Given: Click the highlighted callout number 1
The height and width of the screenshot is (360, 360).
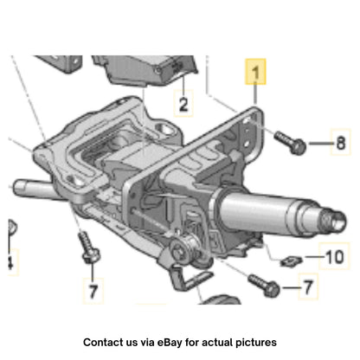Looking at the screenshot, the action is pyautogui.click(x=255, y=72).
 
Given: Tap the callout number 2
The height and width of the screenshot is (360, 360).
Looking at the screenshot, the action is pyautogui.click(x=183, y=104).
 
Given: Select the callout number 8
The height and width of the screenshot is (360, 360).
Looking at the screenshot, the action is pyautogui.click(x=341, y=143).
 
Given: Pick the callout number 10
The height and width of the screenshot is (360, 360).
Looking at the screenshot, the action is pyautogui.click(x=335, y=257).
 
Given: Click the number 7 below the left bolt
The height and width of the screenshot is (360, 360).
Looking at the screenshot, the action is pyautogui.click(x=93, y=291).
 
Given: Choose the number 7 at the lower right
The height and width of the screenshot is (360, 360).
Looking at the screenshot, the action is pyautogui.click(x=308, y=287).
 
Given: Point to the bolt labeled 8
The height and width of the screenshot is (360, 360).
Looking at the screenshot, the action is pyautogui.click(x=290, y=143).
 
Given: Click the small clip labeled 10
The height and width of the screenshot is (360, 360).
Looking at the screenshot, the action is pyautogui.click(x=291, y=261).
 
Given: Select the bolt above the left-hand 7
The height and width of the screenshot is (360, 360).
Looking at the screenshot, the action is pyautogui.click(x=89, y=247).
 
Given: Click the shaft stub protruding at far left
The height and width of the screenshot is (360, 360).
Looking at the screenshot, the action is pyautogui.click(x=32, y=189).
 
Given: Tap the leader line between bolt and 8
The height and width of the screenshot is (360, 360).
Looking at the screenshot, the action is pyautogui.click(x=320, y=143).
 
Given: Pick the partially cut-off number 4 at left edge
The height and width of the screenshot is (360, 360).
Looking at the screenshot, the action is pyautogui.click(x=10, y=262).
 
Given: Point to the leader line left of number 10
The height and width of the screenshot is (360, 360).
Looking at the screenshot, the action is pyautogui.click(x=314, y=256).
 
